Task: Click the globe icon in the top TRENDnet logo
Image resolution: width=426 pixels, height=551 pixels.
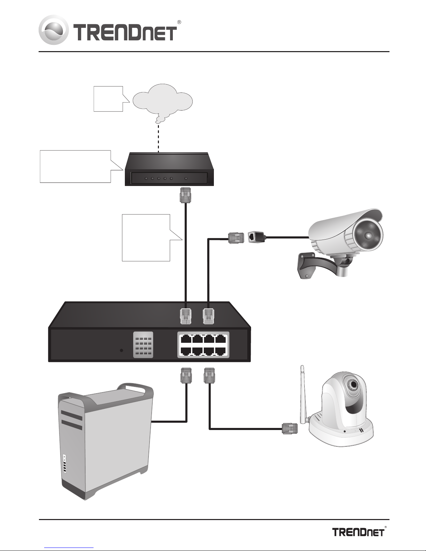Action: pyautogui.click(x=54, y=30)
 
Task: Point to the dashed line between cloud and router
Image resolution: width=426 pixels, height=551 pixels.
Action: pyautogui.click(x=159, y=138)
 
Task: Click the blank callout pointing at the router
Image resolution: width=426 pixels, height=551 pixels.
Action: pyautogui.click(x=75, y=166)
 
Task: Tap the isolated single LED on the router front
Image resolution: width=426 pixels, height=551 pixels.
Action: pyautogui.click(x=186, y=179)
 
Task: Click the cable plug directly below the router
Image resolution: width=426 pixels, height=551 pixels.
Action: pyautogui.click(x=185, y=195)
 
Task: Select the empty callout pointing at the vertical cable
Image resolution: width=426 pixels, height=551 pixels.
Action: pyautogui.click(x=146, y=237)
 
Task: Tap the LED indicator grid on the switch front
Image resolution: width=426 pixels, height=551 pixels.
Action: pyautogui.click(x=143, y=345)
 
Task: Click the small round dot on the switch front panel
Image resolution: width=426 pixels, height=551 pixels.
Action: pyautogui.click(x=121, y=350)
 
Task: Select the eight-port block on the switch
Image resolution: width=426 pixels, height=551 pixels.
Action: pyautogui.click(x=203, y=345)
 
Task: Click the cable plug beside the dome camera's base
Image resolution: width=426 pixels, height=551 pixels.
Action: pyautogui.click(x=290, y=429)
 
